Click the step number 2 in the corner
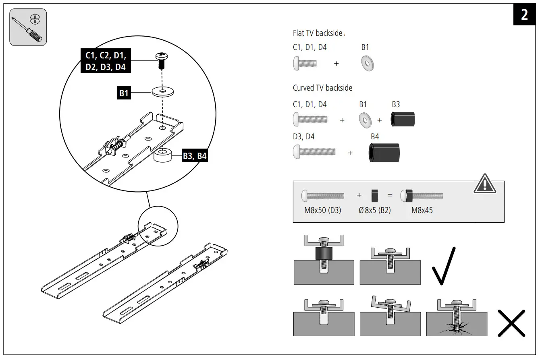tap(524, 15)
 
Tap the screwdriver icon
tap(28, 27)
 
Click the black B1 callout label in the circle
tap(124, 93)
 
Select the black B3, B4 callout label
tap(195, 156)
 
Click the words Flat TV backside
tap(318, 33)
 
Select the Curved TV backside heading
tap(322, 88)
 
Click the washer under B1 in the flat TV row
tap(367, 64)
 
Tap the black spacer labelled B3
tap(403, 119)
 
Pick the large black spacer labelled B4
tap(384, 153)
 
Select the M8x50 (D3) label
tap(323, 210)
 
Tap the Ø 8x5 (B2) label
tap(374, 210)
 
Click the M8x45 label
tap(422, 210)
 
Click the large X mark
tap(511, 323)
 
